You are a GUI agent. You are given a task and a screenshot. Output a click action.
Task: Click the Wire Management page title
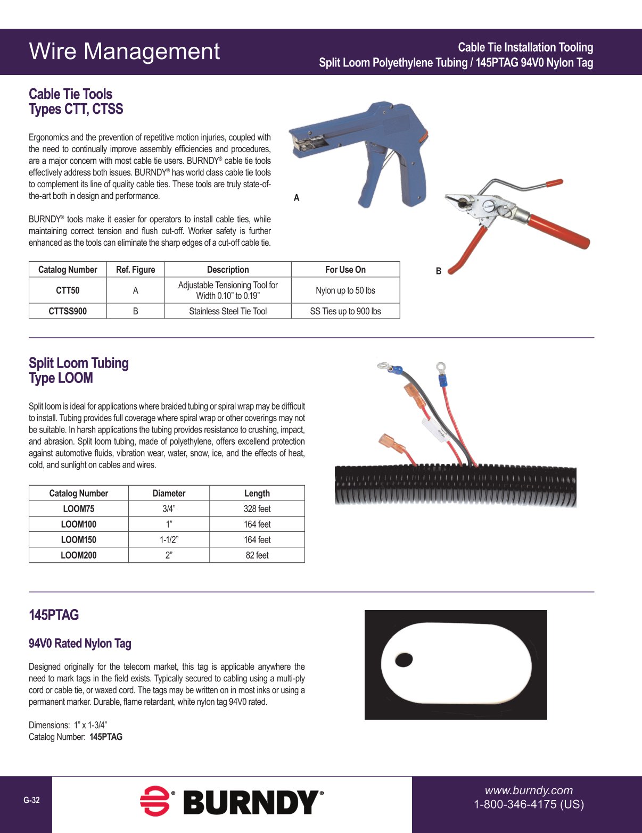[x=124, y=52]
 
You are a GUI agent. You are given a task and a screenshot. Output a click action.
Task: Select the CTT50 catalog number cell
[x=68, y=290]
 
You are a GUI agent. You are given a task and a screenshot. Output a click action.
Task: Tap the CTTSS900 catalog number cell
[x=68, y=311]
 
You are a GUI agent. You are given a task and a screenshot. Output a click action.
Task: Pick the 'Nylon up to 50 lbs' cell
[x=345, y=290]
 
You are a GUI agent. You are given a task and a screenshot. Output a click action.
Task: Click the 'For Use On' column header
[x=345, y=270]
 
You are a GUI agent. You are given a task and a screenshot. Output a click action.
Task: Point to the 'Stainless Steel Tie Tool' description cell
[x=228, y=311]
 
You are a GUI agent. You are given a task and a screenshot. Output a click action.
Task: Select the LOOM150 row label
[x=78, y=539]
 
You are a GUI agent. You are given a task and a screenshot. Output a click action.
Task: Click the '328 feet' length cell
[x=257, y=509]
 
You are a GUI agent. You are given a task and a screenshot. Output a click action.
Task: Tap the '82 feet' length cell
[x=257, y=555]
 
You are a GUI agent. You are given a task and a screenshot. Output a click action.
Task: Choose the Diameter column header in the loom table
[x=169, y=493]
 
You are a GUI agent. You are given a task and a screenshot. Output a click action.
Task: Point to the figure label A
[x=297, y=198]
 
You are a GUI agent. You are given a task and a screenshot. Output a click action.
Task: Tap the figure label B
[x=439, y=271]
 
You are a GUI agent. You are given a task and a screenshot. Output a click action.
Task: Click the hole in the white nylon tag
[x=404, y=660]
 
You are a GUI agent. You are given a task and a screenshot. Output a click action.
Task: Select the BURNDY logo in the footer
[x=232, y=802]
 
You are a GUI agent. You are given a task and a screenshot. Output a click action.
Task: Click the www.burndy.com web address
[x=529, y=790]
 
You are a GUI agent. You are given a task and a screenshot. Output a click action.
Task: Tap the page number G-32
[x=31, y=800]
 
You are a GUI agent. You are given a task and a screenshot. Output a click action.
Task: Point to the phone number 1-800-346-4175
[x=529, y=804]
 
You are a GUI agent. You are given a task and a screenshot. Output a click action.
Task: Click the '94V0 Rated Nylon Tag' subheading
[x=80, y=644]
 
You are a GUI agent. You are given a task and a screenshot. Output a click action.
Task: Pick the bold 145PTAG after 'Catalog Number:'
[x=106, y=737]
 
